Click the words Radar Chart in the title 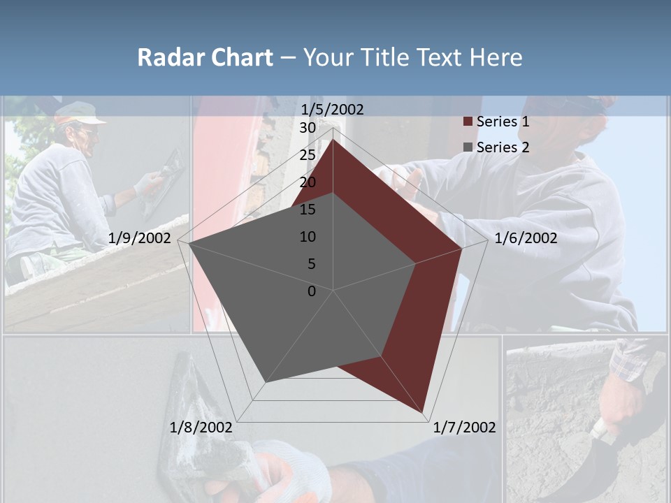(x=205, y=57)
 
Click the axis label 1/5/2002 (x=332, y=109)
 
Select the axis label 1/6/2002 (x=526, y=238)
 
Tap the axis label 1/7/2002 (x=464, y=428)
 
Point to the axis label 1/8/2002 (x=201, y=428)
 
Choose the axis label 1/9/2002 (x=140, y=238)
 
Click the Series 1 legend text (x=503, y=122)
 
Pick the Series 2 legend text (x=503, y=147)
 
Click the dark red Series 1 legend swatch (x=468, y=122)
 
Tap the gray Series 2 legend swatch (x=468, y=147)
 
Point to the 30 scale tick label (x=308, y=128)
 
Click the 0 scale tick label (x=312, y=291)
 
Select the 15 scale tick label (x=308, y=210)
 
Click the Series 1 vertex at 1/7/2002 (x=424, y=412)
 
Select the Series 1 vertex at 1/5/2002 (x=333, y=140)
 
